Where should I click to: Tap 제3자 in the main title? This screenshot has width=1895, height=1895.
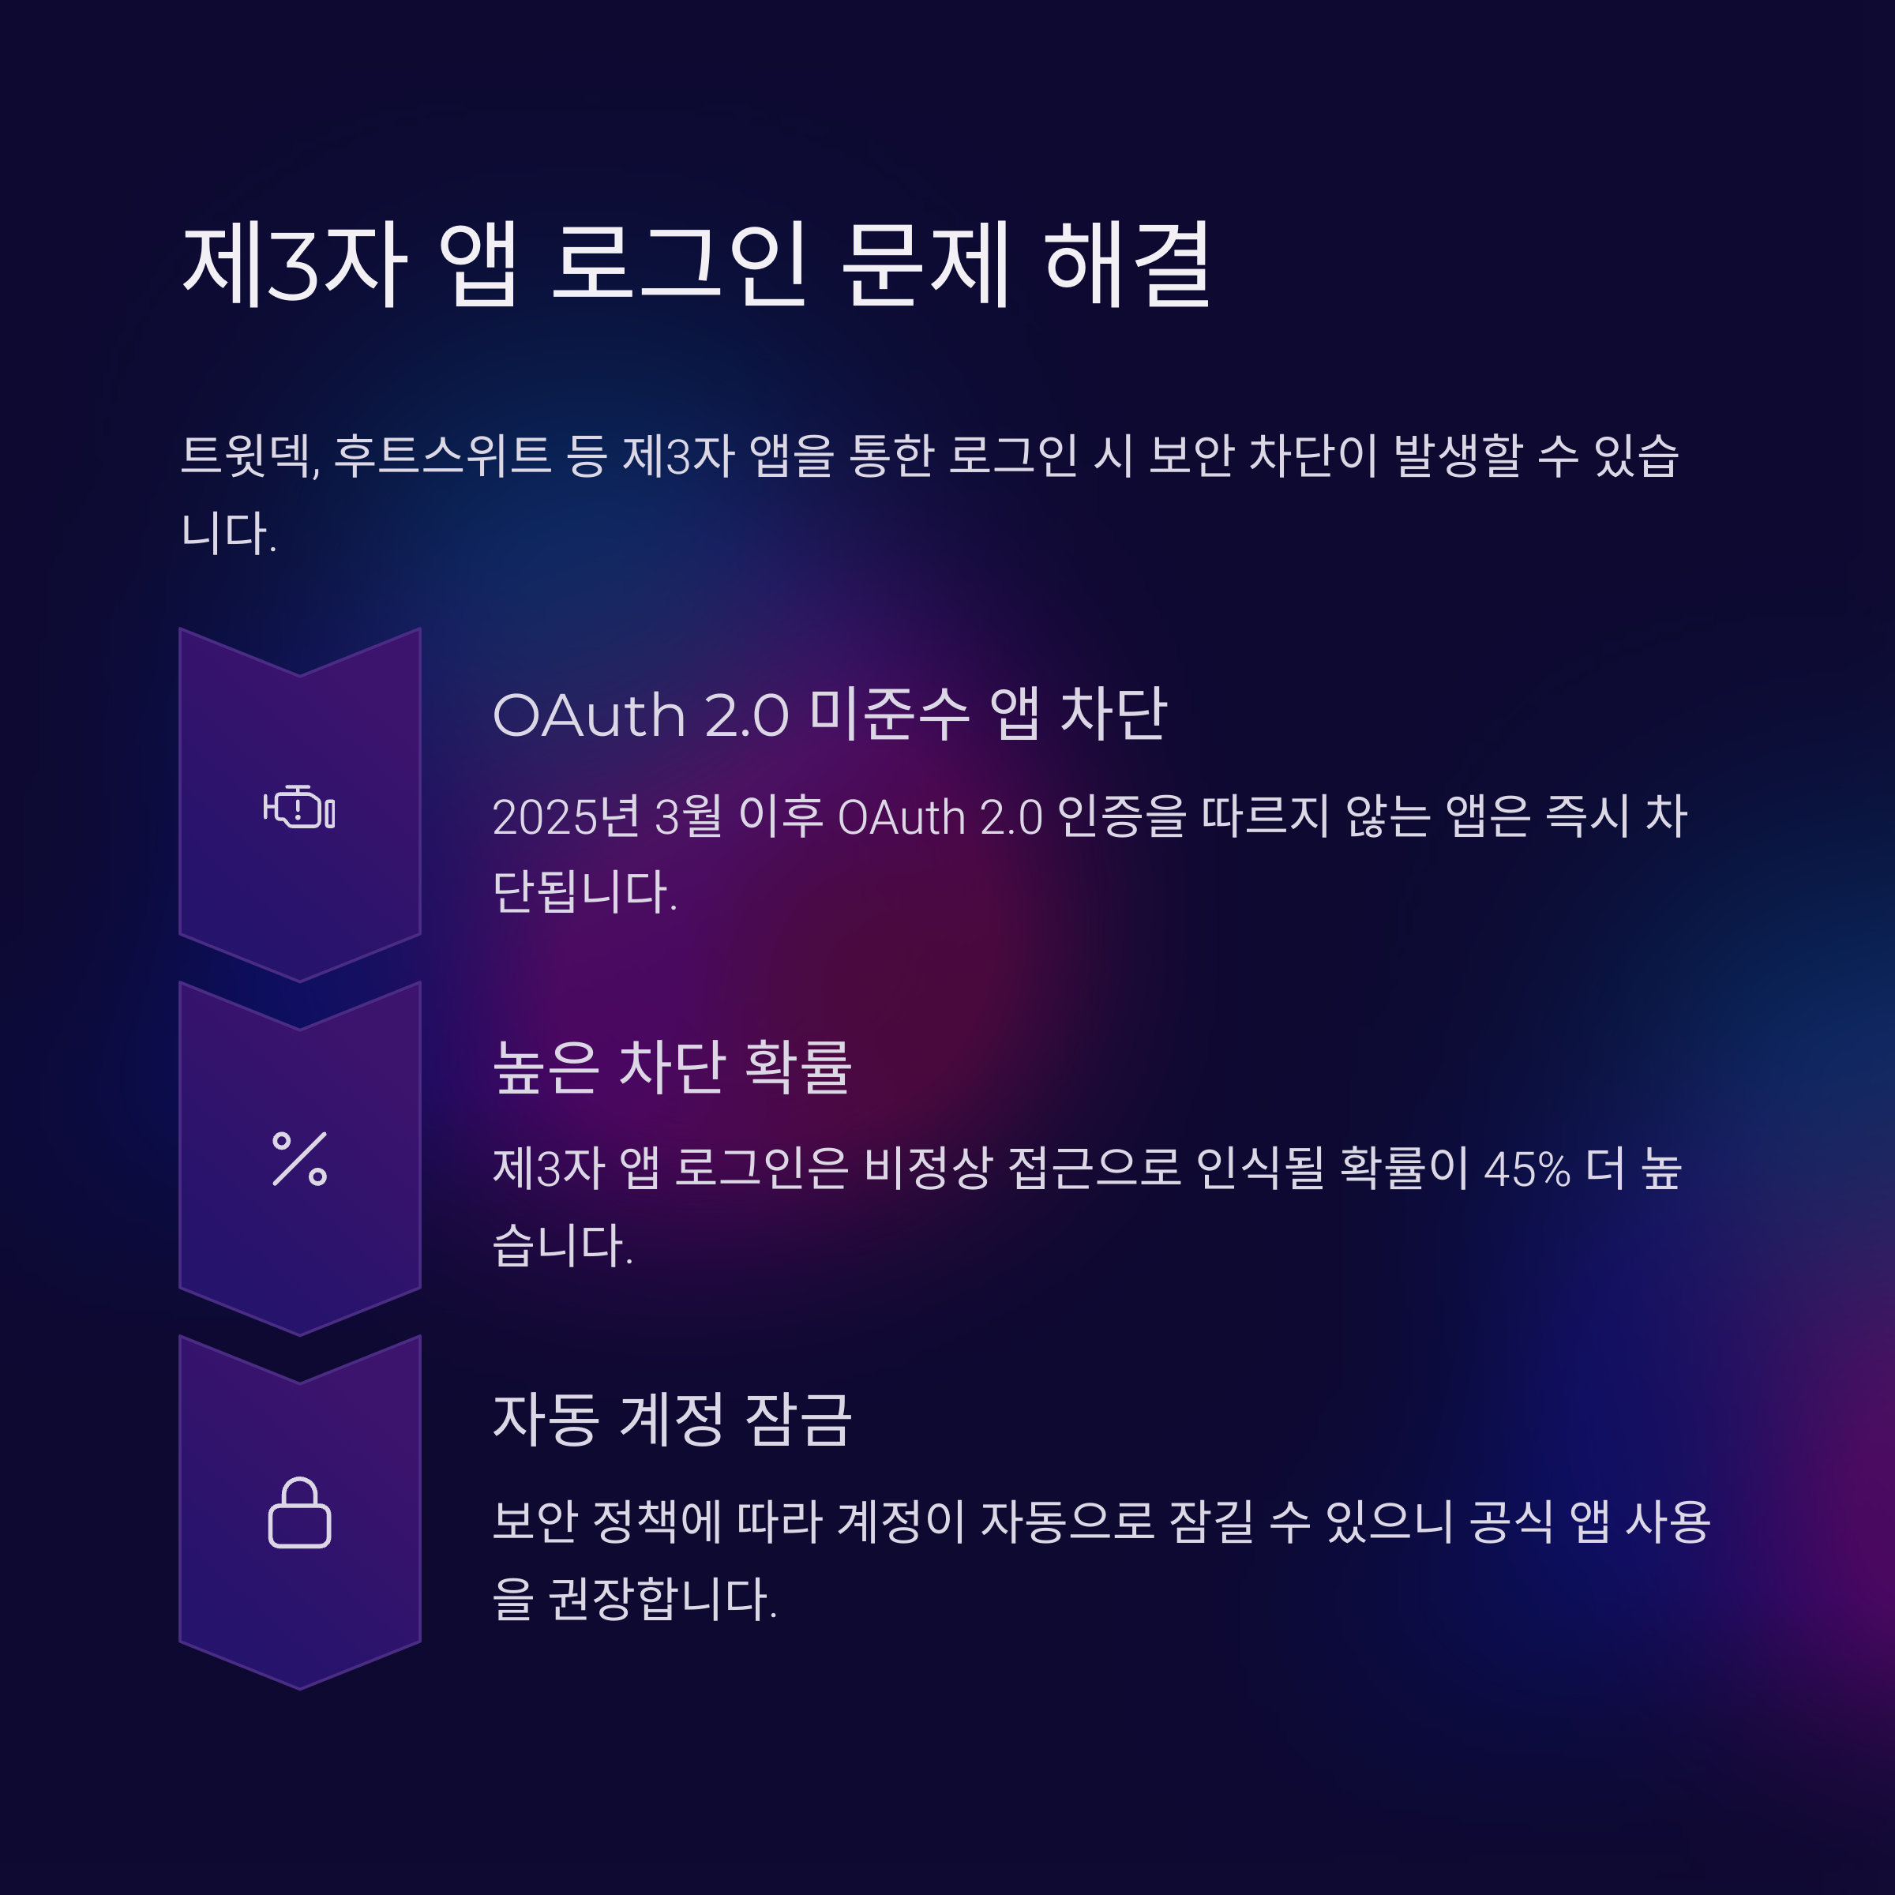(x=295, y=264)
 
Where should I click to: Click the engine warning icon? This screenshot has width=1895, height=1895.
(x=299, y=807)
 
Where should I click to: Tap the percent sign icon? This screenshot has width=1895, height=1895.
(x=299, y=1158)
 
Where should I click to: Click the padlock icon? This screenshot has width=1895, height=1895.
(x=299, y=1513)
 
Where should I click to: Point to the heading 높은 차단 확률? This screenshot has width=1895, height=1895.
(x=672, y=1068)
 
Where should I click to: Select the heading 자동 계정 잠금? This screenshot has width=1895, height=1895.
(x=672, y=1420)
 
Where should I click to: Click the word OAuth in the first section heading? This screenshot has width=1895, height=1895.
(x=588, y=715)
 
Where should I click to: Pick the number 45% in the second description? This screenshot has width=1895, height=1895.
(x=1526, y=1169)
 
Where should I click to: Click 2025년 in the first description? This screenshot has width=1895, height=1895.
(x=566, y=817)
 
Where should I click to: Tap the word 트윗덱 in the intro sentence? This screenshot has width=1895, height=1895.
(x=250, y=456)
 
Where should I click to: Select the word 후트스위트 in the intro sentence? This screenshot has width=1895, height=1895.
(x=442, y=456)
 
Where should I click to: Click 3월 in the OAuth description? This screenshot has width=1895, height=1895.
(x=688, y=817)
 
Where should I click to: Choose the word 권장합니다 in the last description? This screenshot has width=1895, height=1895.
(x=662, y=1599)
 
